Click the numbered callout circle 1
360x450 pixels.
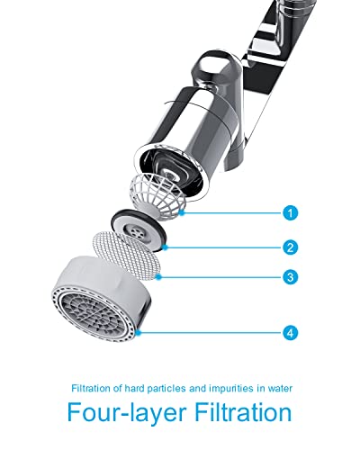click(290, 213)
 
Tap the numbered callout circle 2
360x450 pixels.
click(290, 246)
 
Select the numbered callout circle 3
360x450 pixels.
click(290, 277)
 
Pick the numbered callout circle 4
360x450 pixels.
click(290, 332)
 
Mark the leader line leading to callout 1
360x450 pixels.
click(234, 213)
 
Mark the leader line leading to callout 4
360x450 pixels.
click(211, 332)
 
